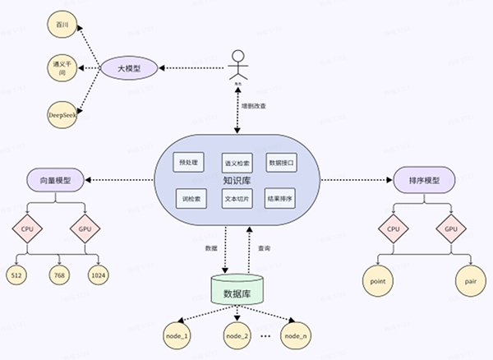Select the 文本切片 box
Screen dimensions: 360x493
237,198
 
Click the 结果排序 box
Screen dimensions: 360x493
281,198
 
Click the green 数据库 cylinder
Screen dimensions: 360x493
238,290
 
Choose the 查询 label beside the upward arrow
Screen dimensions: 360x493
264,247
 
